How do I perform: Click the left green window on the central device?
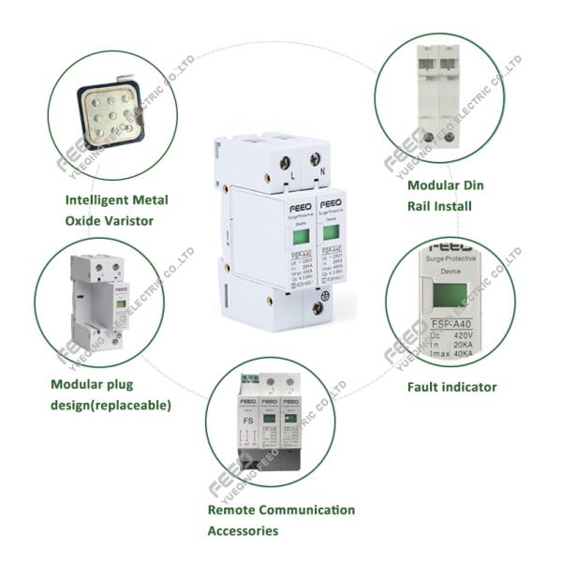coord(301,237)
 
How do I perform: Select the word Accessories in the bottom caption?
coord(243,531)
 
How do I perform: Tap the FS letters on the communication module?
coord(246,421)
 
